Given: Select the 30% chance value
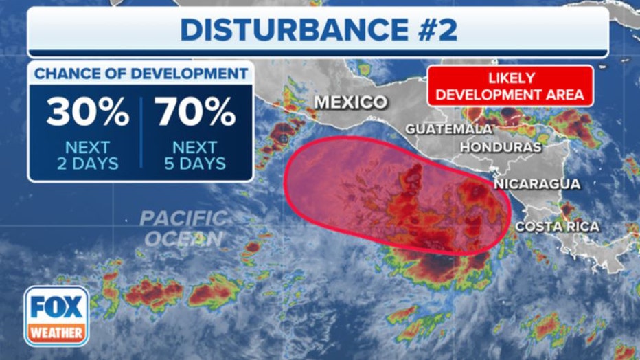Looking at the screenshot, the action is (x=88, y=113).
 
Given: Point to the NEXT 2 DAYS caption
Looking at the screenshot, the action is (x=87, y=155).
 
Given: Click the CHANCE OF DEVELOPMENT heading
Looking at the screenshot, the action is (x=141, y=74).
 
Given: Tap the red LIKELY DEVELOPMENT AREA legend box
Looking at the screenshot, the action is (x=510, y=86).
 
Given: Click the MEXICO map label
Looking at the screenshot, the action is (x=351, y=103).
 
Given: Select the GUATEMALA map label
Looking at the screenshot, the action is (x=448, y=128).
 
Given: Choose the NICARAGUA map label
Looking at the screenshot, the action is (x=537, y=183).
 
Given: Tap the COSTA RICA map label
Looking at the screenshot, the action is (x=557, y=226).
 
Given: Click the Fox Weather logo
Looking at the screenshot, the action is (x=56, y=315).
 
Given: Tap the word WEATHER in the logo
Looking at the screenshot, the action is (x=56, y=333).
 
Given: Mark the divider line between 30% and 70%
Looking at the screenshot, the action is (x=142, y=133).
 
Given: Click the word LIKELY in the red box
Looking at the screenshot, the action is (x=510, y=78).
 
